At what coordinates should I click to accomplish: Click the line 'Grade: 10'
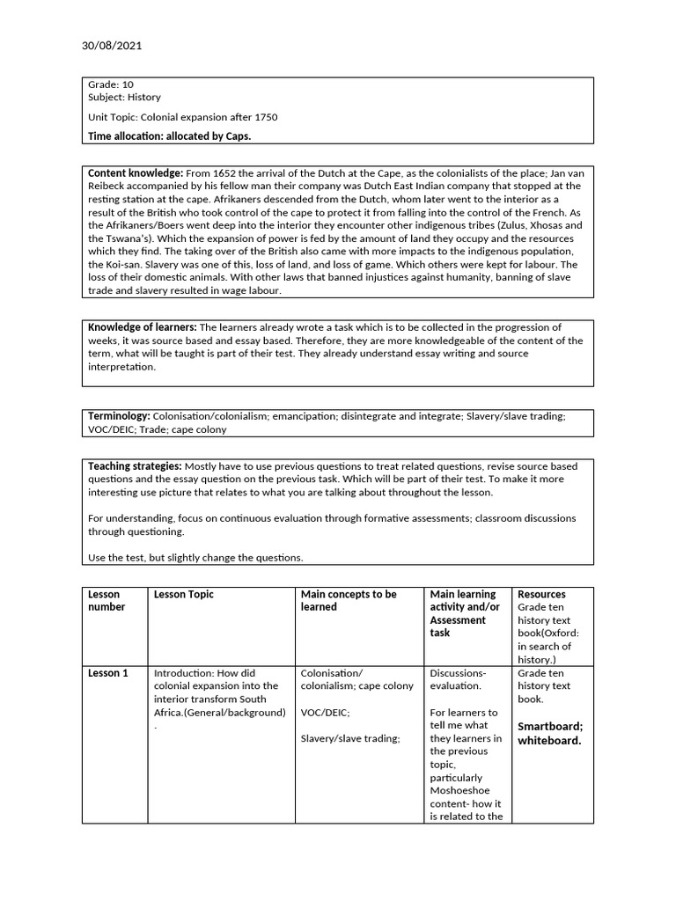point(111,84)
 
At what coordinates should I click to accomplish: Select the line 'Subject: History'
point(124,98)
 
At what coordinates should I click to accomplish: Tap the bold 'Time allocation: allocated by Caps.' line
point(169,136)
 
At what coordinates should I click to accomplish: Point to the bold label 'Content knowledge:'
point(136,173)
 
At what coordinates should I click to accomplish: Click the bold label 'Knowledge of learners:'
point(143,327)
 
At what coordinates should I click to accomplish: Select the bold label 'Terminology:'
point(119,415)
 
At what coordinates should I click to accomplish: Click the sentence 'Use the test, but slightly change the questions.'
point(195,558)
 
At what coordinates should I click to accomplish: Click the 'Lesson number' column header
point(106,601)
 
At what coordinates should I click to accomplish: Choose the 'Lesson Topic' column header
point(183,595)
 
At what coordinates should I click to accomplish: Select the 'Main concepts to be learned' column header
point(349,601)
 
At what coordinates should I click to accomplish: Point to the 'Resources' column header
point(541,595)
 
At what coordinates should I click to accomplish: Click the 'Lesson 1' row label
point(107,673)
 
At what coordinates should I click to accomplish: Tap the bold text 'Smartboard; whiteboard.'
point(550,733)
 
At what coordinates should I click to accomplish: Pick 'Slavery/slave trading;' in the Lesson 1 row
point(350,739)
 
